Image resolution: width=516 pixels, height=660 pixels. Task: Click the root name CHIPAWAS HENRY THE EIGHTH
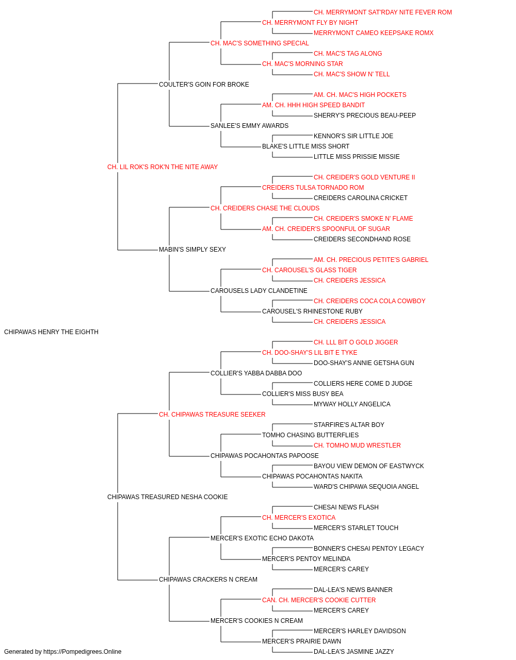pyautogui.click(x=51, y=332)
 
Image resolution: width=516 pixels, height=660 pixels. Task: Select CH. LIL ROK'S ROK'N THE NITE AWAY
pyautogui.click(x=162, y=167)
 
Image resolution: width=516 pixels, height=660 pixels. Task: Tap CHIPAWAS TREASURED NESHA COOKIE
pyautogui.click(x=167, y=497)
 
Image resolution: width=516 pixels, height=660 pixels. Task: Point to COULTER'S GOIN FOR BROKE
pyautogui.click(x=204, y=85)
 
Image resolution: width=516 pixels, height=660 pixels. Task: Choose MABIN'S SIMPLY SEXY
pyautogui.click(x=192, y=250)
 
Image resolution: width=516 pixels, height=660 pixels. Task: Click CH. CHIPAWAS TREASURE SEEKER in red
pyautogui.click(x=212, y=415)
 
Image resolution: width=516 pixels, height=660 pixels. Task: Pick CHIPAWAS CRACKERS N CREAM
pyautogui.click(x=208, y=580)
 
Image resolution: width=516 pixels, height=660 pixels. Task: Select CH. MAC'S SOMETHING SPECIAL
pyautogui.click(x=260, y=43)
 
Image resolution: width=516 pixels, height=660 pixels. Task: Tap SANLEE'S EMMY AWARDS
pyautogui.click(x=249, y=126)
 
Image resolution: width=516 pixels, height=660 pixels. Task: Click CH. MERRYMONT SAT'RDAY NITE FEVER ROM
pyautogui.click(x=382, y=12)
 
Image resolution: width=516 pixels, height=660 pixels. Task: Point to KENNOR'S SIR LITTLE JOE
pyautogui.click(x=353, y=136)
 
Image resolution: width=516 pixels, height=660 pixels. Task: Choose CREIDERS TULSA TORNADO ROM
pyautogui.click(x=313, y=188)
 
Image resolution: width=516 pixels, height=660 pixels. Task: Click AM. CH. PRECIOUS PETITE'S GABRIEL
pyautogui.click(x=370, y=260)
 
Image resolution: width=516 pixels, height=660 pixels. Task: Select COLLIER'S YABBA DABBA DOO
pyautogui.click(x=256, y=373)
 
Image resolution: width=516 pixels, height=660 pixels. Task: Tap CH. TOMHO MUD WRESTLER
pyautogui.click(x=357, y=445)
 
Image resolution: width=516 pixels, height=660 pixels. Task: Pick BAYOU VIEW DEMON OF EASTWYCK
pyautogui.click(x=368, y=466)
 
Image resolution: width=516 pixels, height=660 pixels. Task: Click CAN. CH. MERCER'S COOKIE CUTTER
pyautogui.click(x=319, y=600)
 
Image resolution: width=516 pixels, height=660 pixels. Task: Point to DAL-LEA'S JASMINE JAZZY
pyautogui.click(x=354, y=652)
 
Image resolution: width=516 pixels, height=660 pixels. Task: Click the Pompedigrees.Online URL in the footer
pyautogui.click(x=82, y=652)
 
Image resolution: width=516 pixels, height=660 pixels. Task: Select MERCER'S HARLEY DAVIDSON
pyautogui.click(x=360, y=631)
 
